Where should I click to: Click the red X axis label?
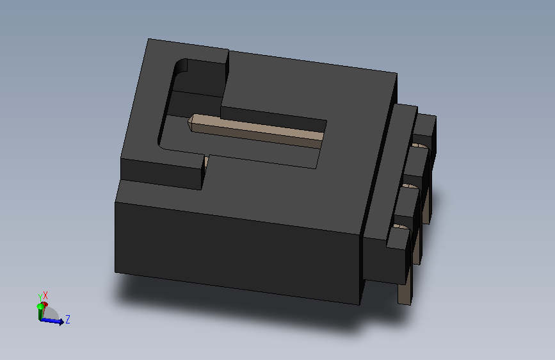point(45,295)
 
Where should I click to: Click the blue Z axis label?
point(68,318)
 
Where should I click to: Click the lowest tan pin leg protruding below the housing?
point(405,291)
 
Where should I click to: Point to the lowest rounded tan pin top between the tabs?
point(400,227)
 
